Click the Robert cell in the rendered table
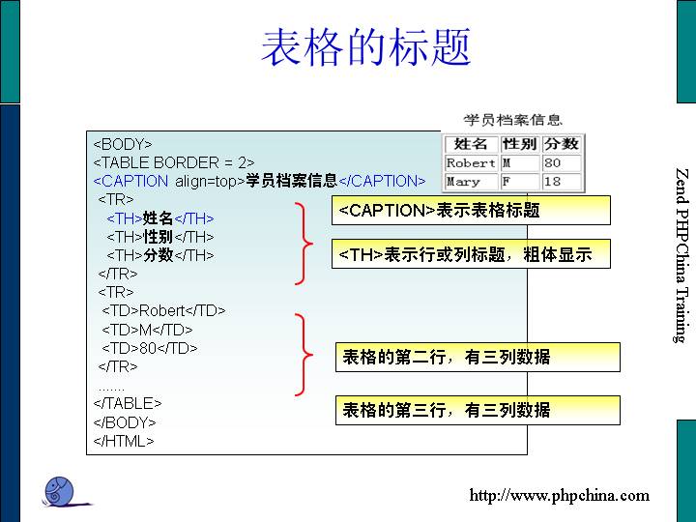click(471, 163)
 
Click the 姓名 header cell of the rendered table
click(471, 144)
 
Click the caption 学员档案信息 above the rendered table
click(512, 121)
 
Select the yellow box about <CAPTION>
click(471, 210)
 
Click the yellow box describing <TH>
click(471, 254)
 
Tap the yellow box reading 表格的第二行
click(477, 357)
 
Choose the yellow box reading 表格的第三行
click(477, 410)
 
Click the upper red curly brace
click(306, 243)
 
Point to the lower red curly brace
click(306, 354)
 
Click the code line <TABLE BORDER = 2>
click(174, 162)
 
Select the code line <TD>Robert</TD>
click(163, 310)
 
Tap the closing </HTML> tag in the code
click(124, 441)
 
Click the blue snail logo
click(63, 490)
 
